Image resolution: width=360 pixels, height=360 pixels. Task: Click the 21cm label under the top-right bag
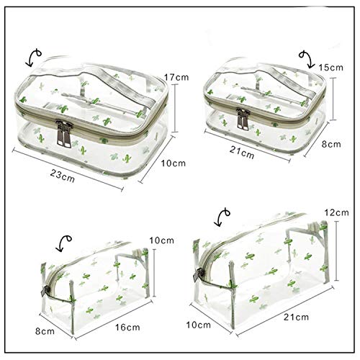(243, 153)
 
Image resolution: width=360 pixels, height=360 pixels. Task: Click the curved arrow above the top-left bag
(32, 55)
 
